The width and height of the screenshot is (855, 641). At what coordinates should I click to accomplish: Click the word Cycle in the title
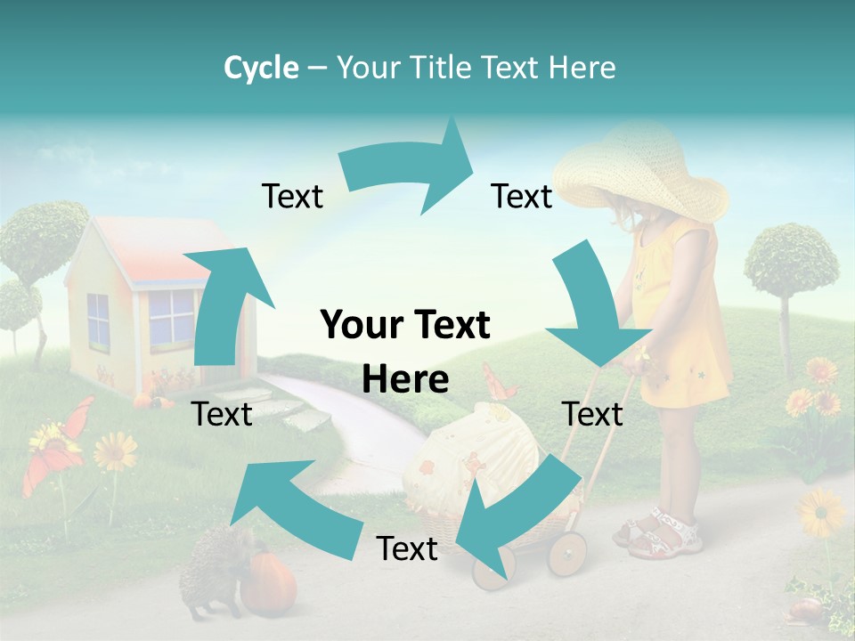[x=261, y=68]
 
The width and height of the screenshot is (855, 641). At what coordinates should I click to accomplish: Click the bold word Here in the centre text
[x=405, y=380]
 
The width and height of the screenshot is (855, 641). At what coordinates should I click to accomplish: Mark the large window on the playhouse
[x=170, y=317]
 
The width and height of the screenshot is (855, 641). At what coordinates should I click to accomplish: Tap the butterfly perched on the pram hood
[x=501, y=383]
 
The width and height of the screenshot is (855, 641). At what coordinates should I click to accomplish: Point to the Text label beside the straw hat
[x=522, y=196]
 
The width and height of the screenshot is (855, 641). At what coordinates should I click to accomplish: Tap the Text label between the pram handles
[x=592, y=414]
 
